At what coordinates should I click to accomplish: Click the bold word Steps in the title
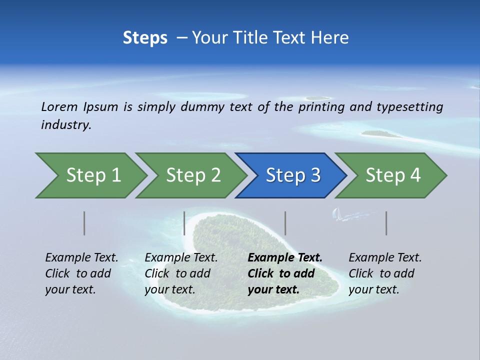(145, 38)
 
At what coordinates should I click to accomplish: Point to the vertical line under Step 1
(84, 223)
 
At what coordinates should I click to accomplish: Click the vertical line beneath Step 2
(184, 223)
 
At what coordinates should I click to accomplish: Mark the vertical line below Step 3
(285, 223)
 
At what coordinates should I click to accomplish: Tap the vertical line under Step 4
(386, 223)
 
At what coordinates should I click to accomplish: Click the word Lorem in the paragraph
(59, 107)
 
